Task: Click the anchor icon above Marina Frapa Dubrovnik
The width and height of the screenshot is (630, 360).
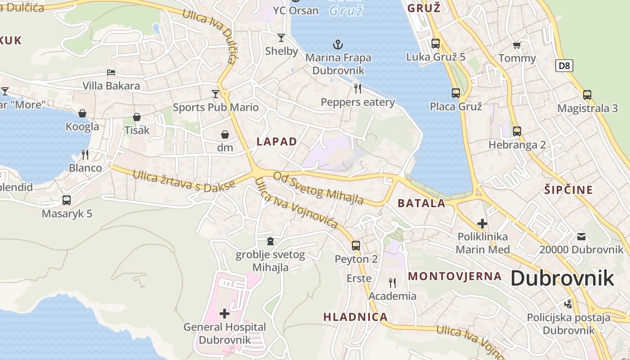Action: click(337, 44)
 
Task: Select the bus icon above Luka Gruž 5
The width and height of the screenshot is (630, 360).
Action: click(435, 43)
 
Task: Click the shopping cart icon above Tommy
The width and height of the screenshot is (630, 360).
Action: click(517, 45)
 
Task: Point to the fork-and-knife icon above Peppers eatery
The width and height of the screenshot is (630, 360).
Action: click(358, 88)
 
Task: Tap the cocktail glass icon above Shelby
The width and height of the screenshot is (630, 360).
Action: click(281, 37)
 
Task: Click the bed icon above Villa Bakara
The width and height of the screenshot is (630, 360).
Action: click(111, 72)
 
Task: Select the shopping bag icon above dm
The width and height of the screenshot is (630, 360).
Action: click(225, 135)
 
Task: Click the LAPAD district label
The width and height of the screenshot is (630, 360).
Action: click(277, 142)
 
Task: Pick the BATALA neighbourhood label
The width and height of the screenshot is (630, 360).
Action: click(422, 203)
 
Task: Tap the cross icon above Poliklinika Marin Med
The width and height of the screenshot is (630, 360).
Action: click(482, 223)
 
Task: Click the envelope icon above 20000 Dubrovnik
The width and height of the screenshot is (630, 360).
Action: click(581, 236)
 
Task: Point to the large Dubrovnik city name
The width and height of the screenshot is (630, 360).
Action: click(562, 279)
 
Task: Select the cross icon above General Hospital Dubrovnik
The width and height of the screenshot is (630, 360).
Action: click(224, 313)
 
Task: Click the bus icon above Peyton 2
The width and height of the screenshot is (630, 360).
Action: click(356, 245)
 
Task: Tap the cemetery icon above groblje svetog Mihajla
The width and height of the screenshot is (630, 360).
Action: click(270, 242)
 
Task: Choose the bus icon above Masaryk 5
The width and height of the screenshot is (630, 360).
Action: click(67, 200)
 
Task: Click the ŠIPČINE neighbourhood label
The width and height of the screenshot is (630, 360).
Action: click(568, 189)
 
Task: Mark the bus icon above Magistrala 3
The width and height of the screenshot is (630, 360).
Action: click(587, 94)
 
